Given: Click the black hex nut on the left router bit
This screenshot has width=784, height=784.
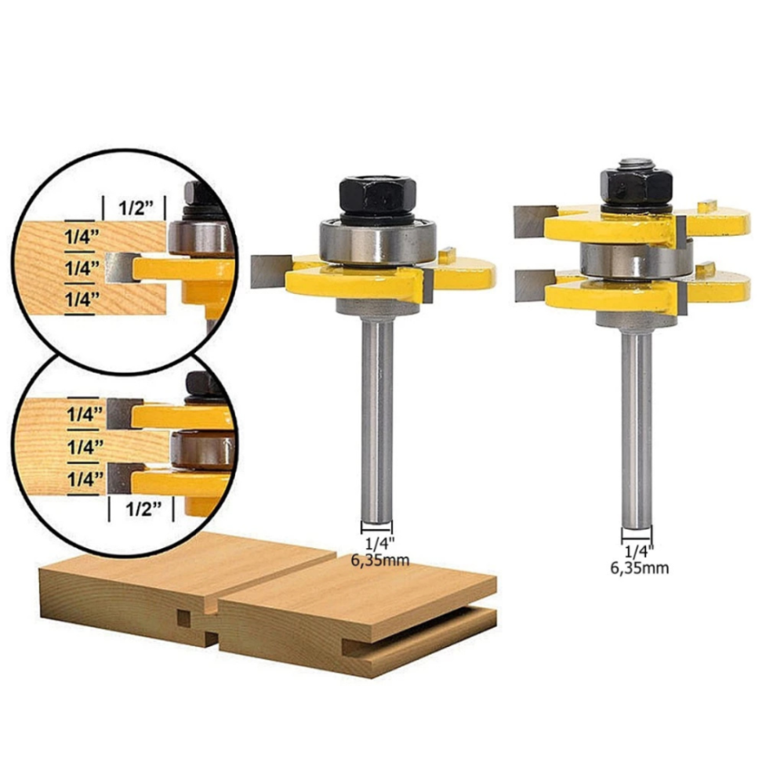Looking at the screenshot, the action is tap(378, 195).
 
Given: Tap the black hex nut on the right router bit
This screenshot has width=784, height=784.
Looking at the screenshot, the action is tap(636, 184).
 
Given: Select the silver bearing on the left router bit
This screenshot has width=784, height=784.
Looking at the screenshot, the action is tap(378, 242).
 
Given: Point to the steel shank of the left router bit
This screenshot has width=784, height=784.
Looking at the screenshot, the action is tap(378, 421).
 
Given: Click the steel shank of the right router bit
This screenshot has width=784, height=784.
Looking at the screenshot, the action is tap(637, 430).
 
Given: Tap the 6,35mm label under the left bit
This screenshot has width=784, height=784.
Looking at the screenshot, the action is tap(380, 560).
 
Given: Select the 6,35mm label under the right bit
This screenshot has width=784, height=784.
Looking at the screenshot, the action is tap(640, 568).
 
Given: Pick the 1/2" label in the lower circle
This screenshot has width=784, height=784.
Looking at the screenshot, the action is tap(143, 509).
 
